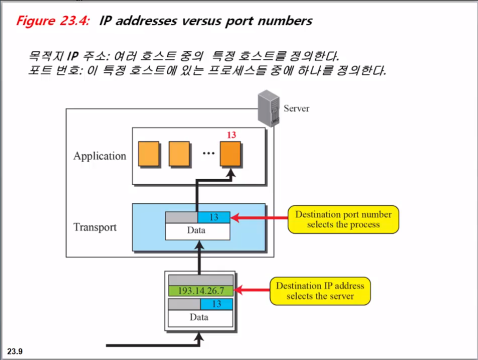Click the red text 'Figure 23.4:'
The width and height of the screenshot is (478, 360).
[53, 21]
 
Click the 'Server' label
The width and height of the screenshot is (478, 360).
[296, 108]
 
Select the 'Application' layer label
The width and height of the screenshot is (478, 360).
[99, 156]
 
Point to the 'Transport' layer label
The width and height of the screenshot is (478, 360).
[95, 227]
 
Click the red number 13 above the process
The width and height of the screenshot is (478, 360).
[231, 135]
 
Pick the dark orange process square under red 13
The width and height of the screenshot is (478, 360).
[231, 154]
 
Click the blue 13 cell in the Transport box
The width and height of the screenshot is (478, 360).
[214, 217]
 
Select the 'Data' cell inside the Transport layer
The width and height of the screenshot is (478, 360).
[196, 230]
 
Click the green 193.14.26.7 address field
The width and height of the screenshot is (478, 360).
[201, 290]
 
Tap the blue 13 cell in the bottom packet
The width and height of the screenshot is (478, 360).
[217, 304]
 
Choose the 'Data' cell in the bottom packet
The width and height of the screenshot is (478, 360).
[198, 317]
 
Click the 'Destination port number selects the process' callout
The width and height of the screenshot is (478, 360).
[343, 219]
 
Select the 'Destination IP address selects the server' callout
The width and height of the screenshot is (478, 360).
[320, 290]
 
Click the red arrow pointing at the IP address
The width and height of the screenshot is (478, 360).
[252, 290]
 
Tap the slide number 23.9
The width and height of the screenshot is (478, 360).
[15, 351]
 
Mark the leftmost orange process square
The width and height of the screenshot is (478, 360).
[149, 154]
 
